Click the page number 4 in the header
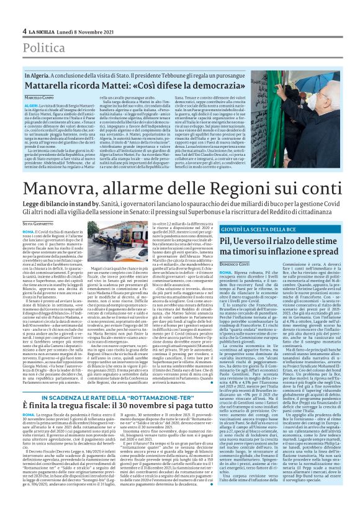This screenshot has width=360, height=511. click(x=24, y=30)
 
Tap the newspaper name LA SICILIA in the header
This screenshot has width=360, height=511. click(x=42, y=30)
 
